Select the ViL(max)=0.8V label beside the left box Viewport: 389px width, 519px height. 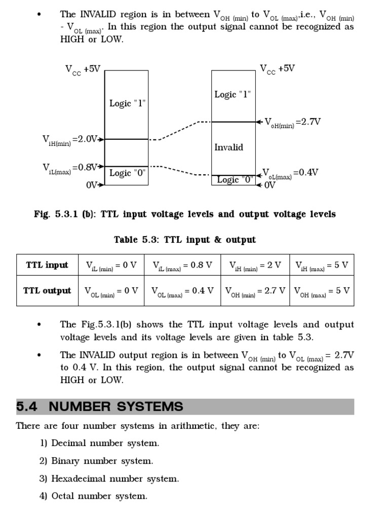pyautogui.click(x=70, y=168)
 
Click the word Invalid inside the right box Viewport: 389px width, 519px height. pyautogui.click(x=228, y=147)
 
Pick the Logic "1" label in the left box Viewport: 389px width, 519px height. pyautogui.click(x=128, y=103)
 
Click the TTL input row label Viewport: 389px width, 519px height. pyautogui.click(x=47, y=265)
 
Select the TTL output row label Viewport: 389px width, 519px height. pyautogui.click(x=47, y=291)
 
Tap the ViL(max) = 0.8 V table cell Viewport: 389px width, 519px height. pyautogui.click(x=182, y=265)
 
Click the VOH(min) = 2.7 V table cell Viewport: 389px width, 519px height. pyautogui.click(x=255, y=291)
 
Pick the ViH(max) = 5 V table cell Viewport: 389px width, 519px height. pyautogui.click(x=321, y=265)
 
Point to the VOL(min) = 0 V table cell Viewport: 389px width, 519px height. pyautogui.click(x=111, y=291)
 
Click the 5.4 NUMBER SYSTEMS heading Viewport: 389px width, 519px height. pyautogui.click(x=100, y=406)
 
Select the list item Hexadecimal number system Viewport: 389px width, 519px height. pyautogui.click(x=115, y=478)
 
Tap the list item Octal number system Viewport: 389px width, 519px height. pyautogui.click(x=99, y=496)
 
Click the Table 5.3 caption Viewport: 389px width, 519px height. pyautogui.click(x=185, y=240)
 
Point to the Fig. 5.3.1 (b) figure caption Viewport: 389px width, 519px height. pyautogui.click(x=185, y=214)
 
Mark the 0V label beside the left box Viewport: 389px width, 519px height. pyautogui.click(x=92, y=185)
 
